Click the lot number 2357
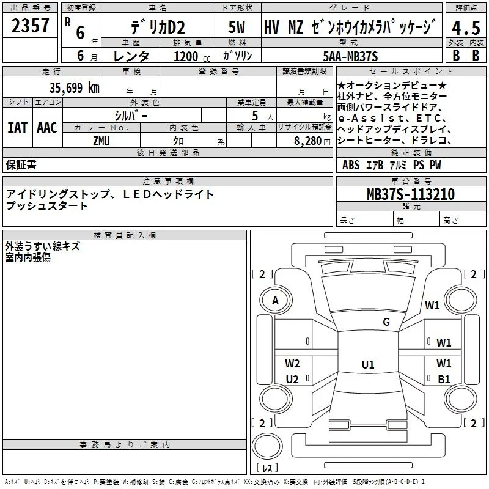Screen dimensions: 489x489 tap(30, 25)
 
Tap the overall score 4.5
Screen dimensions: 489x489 tap(466, 28)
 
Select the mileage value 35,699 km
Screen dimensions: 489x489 tap(74, 88)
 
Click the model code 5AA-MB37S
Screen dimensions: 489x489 tap(350, 56)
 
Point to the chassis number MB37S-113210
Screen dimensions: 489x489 tap(411, 194)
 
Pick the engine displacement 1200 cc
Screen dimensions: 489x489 tap(192, 56)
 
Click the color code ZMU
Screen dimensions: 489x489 tap(101, 141)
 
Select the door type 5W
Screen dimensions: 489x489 tap(237, 27)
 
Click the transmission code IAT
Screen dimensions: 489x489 tap(18, 128)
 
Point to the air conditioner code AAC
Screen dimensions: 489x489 tap(47, 128)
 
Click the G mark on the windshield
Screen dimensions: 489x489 tap(386, 322)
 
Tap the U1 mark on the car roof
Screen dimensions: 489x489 tap(368, 364)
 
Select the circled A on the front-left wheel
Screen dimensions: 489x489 tap(276, 301)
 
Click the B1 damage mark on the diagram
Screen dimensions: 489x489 tap(444, 379)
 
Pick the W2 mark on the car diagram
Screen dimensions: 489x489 tap(292, 363)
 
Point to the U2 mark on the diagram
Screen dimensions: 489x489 tap(292, 379)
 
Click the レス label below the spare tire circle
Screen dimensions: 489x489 tap(267, 468)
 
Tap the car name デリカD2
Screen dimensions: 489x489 tap(158, 28)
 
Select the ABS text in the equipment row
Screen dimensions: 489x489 tap(351, 165)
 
